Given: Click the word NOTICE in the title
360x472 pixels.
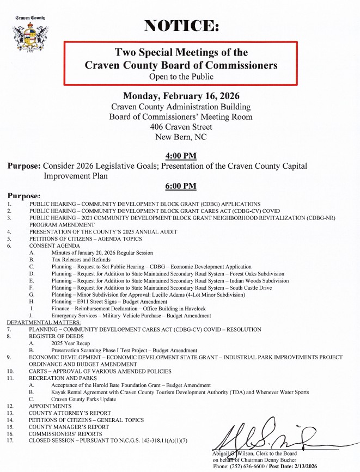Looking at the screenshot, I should [x=181, y=26].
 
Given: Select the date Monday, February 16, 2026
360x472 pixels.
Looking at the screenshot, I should [x=181, y=96].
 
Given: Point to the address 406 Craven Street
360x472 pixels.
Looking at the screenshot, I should [x=181, y=127].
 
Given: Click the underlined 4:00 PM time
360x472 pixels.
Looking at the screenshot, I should [x=180, y=156].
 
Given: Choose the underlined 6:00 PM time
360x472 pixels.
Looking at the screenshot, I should [x=180, y=186].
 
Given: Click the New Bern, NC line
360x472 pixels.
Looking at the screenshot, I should [x=181, y=137].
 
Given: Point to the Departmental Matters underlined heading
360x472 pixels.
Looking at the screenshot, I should [x=44, y=322].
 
